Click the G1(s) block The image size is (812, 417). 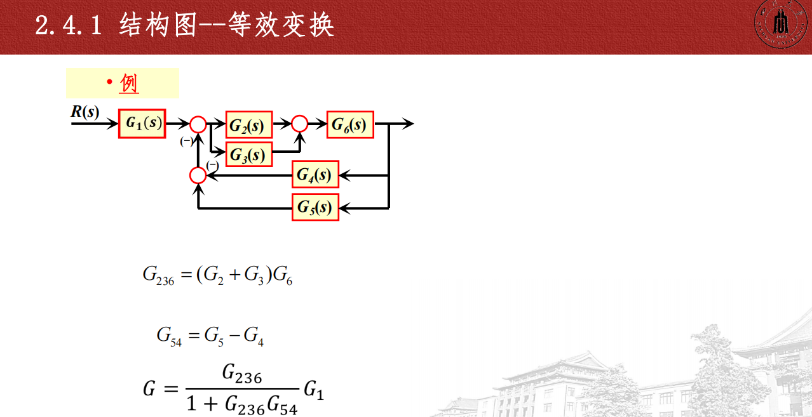pos(142,124)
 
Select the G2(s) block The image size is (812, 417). pos(249,124)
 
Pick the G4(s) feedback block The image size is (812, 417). pos(315,175)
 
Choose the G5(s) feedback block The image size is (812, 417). pos(315,207)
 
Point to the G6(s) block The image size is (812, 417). pos(350,124)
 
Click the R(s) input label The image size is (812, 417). pos(85,112)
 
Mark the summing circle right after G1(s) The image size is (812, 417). pos(198,124)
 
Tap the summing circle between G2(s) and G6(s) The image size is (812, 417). pos(299,124)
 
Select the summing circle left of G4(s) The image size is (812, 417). pos(198,175)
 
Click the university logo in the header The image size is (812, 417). pos(779,25)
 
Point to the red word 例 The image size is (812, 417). pos(129,84)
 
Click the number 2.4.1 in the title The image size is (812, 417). pos(69,27)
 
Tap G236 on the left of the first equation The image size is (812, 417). pos(158,277)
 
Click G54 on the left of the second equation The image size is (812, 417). pos(169,336)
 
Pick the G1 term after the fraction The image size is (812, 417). pos(313,389)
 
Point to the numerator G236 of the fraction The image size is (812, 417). pos(242,375)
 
